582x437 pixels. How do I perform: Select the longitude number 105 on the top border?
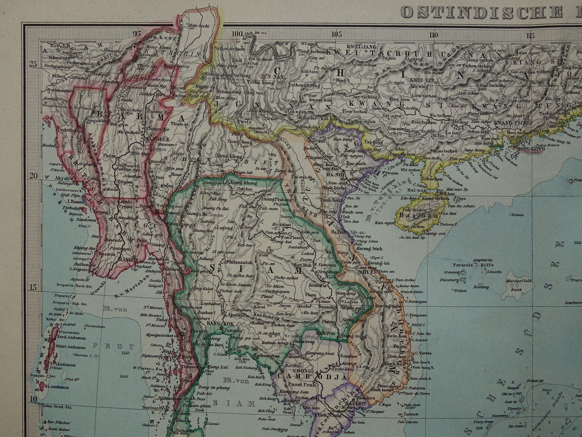tap(336, 34)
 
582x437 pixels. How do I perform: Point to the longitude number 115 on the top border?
tap(530, 36)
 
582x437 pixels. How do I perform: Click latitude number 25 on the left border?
tap(33, 64)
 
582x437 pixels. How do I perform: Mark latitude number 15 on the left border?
tap(33, 287)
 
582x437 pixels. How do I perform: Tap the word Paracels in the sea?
tap(463, 265)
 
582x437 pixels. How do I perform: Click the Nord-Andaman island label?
tap(72, 338)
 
